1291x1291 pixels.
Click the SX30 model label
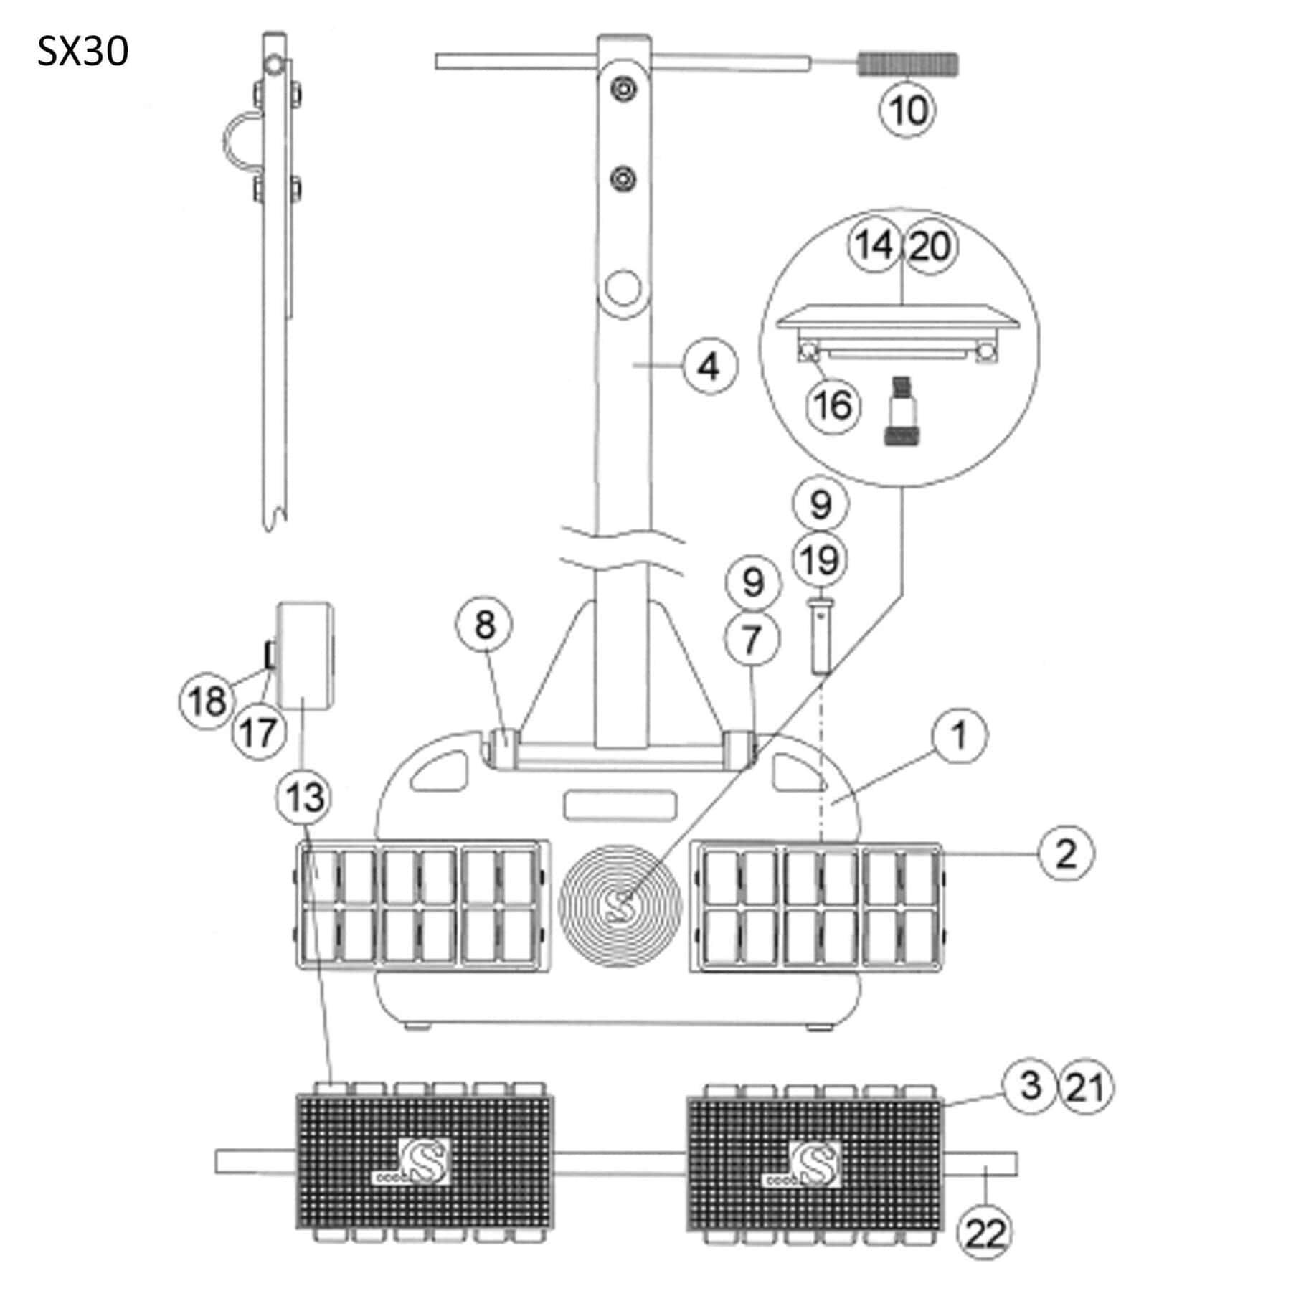click(82, 52)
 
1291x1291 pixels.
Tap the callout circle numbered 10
click(908, 110)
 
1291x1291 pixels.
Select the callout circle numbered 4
click(710, 367)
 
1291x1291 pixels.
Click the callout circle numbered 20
click(930, 246)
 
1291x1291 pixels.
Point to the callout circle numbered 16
click(833, 406)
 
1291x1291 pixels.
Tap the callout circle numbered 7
click(752, 639)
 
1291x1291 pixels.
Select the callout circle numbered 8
click(485, 624)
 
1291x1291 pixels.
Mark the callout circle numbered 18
click(207, 701)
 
